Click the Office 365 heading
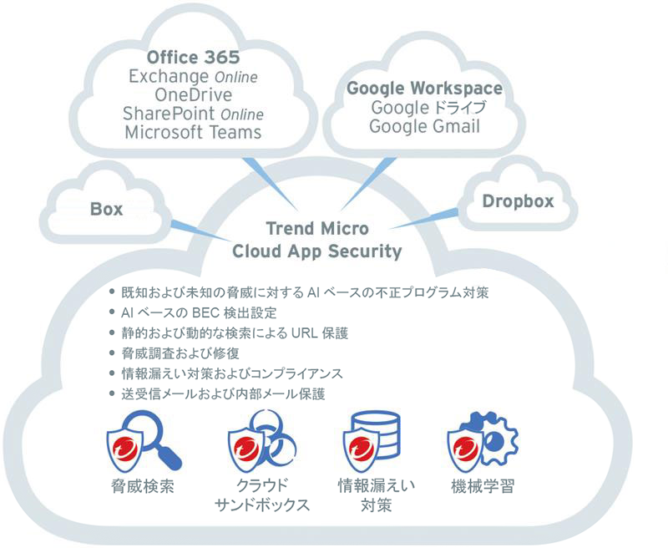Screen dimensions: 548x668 193,58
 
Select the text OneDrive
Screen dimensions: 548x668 193,94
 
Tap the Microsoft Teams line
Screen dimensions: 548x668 193,132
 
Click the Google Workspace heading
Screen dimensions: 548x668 424,89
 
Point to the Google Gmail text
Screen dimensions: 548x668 424,126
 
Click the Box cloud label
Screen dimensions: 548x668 106,209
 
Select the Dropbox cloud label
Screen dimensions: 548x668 518,201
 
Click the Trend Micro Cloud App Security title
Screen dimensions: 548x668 316,240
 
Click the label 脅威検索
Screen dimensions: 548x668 142,487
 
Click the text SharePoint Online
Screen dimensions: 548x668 193,114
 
